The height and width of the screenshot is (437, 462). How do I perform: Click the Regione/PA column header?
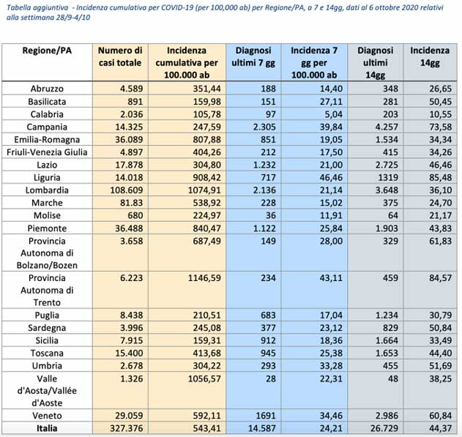(47, 51)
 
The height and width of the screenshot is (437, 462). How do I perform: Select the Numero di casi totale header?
(120, 56)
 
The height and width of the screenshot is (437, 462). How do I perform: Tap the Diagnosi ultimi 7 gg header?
(253, 56)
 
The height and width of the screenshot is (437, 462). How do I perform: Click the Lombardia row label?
(47, 190)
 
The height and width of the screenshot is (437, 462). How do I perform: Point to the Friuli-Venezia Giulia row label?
(47, 152)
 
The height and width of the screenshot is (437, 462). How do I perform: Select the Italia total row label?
(47, 428)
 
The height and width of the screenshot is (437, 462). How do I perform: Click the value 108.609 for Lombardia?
(127, 190)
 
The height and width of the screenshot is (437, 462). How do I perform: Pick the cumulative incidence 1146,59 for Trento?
(204, 278)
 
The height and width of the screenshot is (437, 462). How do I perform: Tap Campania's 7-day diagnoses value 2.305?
(264, 127)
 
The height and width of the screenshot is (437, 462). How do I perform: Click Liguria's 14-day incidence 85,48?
(441, 178)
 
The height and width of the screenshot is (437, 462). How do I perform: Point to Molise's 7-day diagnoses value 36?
(271, 215)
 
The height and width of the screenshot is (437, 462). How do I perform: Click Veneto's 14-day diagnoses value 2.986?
(387, 416)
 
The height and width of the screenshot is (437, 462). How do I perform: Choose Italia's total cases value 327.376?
(127, 428)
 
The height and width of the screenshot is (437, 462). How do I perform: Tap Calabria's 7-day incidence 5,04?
(334, 114)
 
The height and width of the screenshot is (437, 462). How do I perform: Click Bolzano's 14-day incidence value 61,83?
(441, 241)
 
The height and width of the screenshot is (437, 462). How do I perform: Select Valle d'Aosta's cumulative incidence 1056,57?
(204, 378)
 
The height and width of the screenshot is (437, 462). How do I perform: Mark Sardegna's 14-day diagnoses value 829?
(390, 328)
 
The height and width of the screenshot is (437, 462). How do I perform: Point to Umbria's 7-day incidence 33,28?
(331, 366)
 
